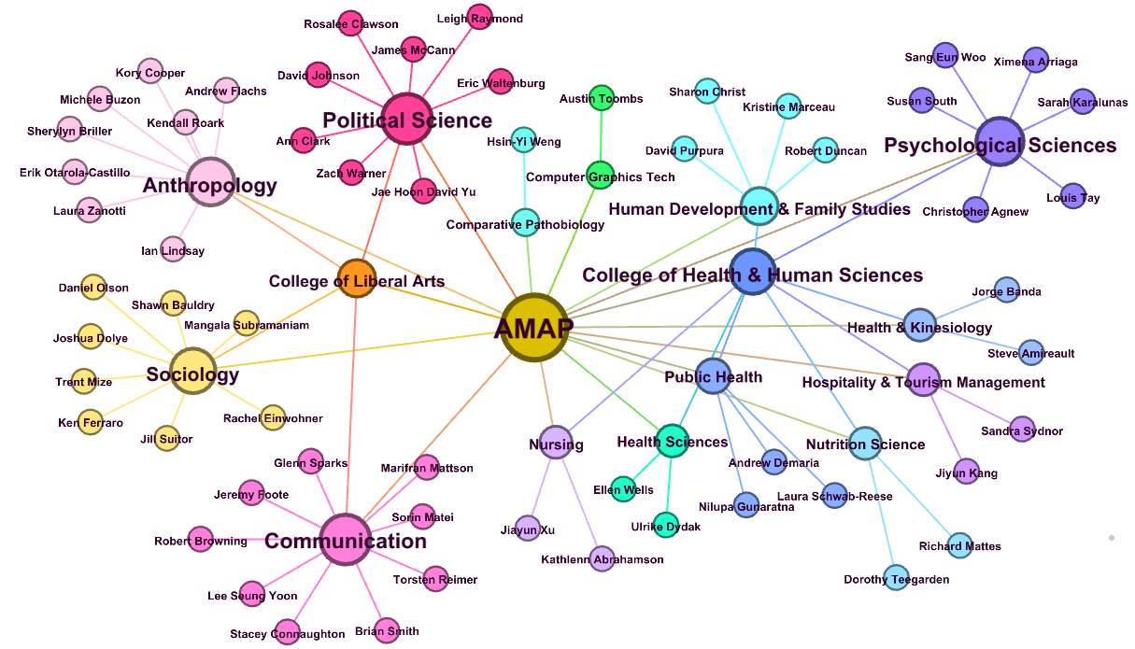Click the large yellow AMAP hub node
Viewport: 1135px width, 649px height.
tap(533, 327)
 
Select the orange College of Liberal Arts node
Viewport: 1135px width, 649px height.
tap(357, 279)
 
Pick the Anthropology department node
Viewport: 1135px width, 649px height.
tap(211, 181)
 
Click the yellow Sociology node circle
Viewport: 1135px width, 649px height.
tap(193, 371)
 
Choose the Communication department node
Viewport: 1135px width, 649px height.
tap(346, 540)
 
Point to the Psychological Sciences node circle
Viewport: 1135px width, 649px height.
tap(1000, 143)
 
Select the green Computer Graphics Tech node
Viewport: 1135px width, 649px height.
tap(599, 174)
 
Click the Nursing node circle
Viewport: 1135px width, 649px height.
tap(557, 442)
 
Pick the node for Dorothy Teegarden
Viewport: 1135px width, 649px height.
tap(896, 578)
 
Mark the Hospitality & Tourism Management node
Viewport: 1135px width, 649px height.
tap(923, 380)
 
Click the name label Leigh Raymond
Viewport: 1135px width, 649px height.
tap(480, 19)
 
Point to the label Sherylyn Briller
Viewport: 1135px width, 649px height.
tap(70, 131)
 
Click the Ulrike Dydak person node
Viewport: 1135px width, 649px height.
tap(666, 525)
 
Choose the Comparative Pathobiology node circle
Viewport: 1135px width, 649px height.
tap(525, 223)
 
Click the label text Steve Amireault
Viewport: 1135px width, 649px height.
tap(1031, 353)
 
